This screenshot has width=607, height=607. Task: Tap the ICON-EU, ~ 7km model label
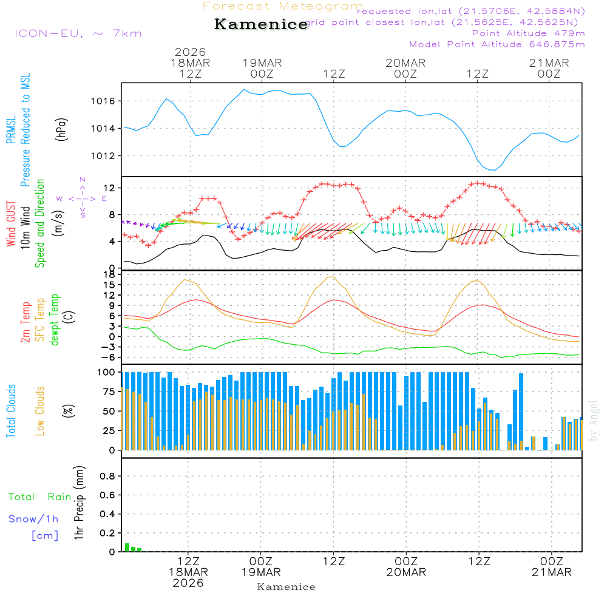click(78, 33)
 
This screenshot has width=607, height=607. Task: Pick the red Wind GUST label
click(11, 225)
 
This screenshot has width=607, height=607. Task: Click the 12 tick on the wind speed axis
click(112, 188)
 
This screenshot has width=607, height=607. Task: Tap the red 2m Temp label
click(25, 320)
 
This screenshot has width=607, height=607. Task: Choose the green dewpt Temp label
click(55, 320)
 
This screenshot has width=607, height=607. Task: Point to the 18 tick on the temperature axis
click(112, 275)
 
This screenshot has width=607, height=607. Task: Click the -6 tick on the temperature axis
click(110, 357)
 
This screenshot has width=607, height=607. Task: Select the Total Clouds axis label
click(11, 411)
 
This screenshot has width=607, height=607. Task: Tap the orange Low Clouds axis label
click(40, 411)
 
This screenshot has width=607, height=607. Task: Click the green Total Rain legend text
click(39, 497)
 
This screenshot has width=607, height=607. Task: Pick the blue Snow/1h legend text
click(34, 519)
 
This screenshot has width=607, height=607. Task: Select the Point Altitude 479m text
click(528, 33)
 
